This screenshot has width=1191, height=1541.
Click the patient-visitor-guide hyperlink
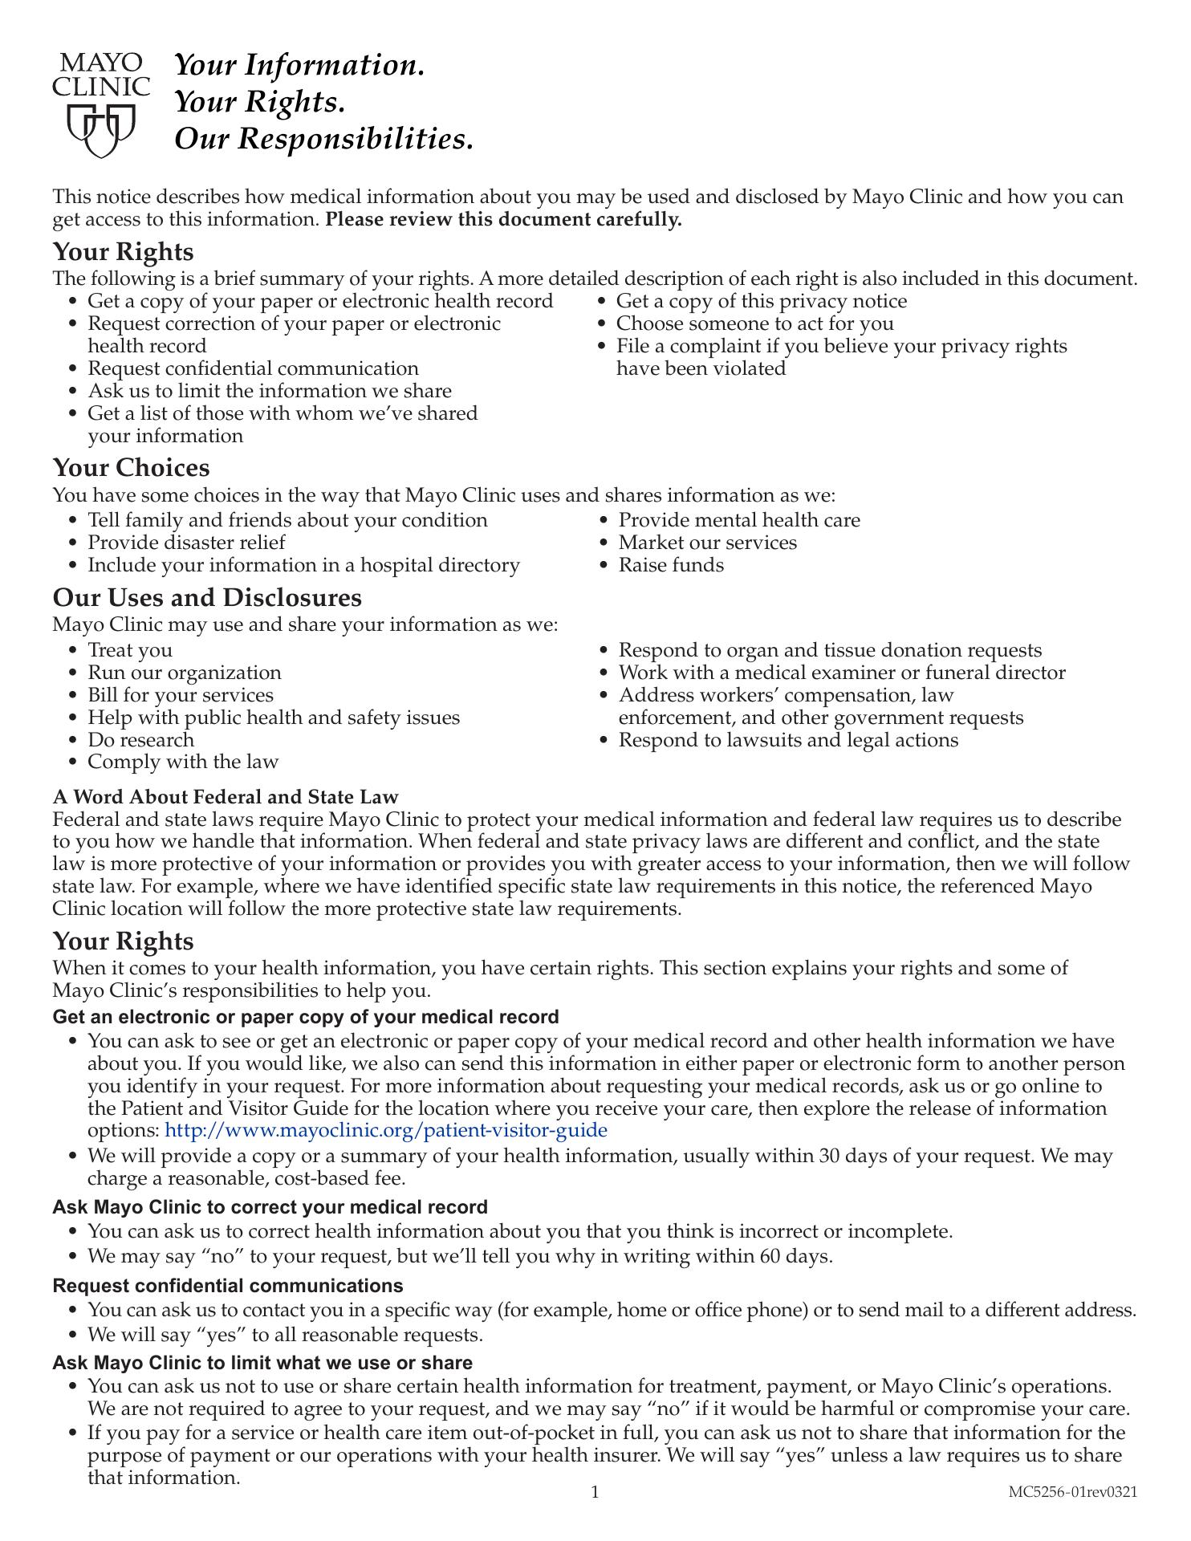[385, 1131]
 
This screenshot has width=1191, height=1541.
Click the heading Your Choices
[131, 468]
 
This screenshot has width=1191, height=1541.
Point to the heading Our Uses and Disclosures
[207, 598]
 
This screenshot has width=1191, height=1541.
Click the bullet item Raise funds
[670, 565]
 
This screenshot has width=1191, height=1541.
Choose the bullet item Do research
[140, 740]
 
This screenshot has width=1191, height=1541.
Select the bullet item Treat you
[129, 650]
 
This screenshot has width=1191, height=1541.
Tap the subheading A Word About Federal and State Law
[226, 797]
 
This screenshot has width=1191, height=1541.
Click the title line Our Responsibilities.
[323, 140]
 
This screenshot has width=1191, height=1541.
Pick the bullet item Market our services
[707, 543]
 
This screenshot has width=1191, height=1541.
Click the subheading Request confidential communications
[228, 1286]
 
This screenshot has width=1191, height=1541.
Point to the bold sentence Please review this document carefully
[503, 220]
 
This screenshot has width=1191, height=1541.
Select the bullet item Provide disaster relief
[186, 543]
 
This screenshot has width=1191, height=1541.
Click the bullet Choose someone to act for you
[754, 323]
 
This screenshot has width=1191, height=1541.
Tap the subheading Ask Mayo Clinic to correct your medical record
[270, 1207]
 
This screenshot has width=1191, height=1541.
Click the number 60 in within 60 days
[770, 1256]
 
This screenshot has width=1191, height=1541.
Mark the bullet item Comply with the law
[183, 762]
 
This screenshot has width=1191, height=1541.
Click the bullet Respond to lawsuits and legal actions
[788, 740]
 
